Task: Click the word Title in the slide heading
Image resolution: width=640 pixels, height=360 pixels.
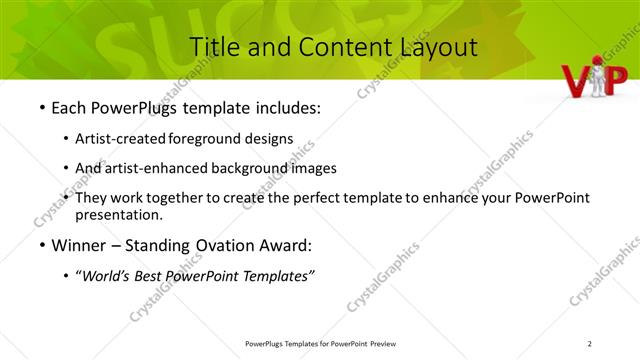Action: click(212, 46)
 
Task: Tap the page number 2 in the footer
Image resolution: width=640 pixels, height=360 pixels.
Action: click(590, 344)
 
